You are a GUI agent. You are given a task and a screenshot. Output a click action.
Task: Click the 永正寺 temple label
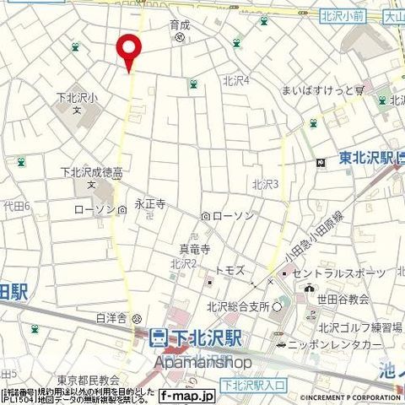click(x=149, y=203)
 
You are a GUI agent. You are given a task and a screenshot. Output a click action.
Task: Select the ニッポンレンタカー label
click(x=337, y=345)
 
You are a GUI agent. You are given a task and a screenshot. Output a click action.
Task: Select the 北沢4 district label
click(x=236, y=80)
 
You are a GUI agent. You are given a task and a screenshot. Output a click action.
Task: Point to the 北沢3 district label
click(x=265, y=184)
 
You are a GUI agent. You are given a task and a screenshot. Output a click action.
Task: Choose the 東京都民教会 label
click(x=89, y=381)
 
